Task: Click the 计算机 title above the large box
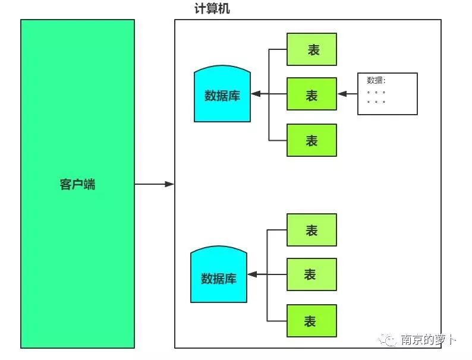click(x=212, y=9)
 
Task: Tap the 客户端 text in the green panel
click(x=77, y=184)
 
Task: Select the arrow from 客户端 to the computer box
click(x=154, y=184)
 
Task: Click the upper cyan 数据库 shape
click(x=222, y=95)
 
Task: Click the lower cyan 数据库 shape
click(x=219, y=277)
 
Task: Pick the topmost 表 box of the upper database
click(x=311, y=49)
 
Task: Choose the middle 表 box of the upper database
click(x=311, y=94)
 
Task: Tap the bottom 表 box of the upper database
click(x=311, y=140)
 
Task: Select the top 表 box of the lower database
click(x=311, y=230)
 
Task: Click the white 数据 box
click(x=387, y=94)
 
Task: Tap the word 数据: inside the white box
click(x=376, y=81)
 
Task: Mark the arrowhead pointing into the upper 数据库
click(x=254, y=94)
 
